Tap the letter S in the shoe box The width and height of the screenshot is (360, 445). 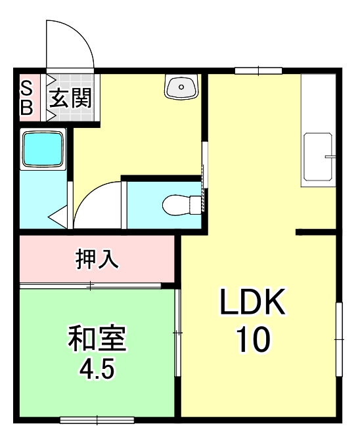(27, 88)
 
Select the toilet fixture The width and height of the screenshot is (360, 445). (179, 205)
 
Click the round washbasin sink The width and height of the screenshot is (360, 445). (181, 86)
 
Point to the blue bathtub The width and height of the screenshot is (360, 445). (43, 149)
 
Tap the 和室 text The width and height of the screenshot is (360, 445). (97, 339)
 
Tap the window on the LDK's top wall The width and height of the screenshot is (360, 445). (258, 70)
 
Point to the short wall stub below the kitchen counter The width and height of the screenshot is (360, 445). (317, 232)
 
